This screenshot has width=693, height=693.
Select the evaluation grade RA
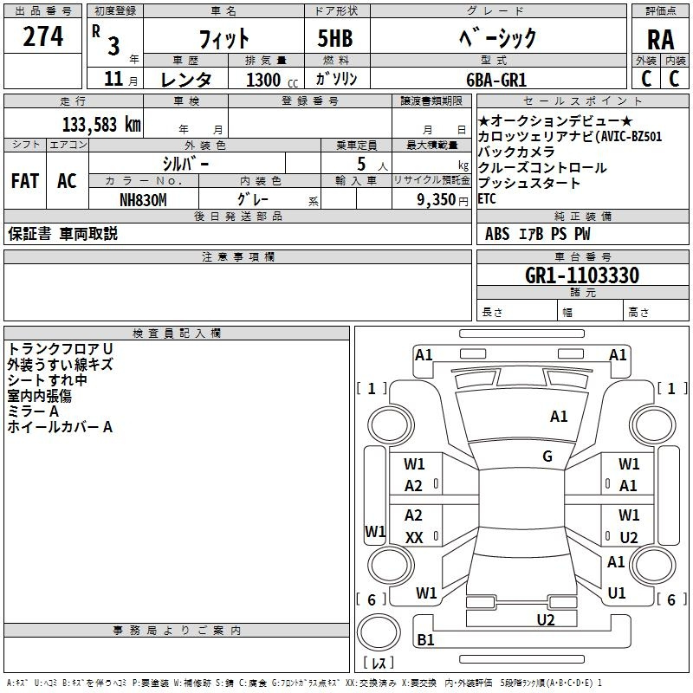point(660,39)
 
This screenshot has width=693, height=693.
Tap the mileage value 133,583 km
point(100,124)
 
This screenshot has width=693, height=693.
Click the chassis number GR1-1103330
point(582,275)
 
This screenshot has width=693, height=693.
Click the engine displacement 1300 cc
point(265,80)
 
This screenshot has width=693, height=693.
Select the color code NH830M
point(143,199)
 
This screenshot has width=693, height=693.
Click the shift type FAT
point(24,181)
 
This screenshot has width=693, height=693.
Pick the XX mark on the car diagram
point(414,538)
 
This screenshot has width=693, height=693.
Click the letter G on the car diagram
point(547,457)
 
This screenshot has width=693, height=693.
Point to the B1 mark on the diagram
point(426,640)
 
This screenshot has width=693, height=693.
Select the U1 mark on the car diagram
point(617,593)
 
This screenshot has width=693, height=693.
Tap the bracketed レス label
point(379,664)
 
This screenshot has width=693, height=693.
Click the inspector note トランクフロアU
point(60,348)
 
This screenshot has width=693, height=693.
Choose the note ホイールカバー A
point(60,426)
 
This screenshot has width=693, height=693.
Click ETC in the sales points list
point(488,198)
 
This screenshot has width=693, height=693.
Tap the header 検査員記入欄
point(177,334)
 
